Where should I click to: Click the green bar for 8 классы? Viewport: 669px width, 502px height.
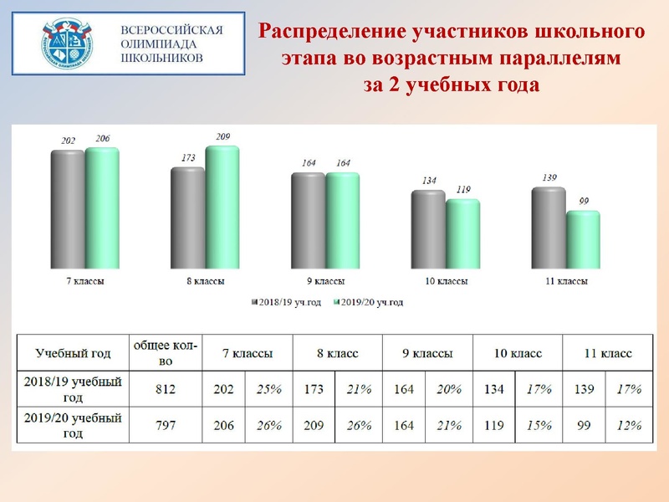[x=222, y=207]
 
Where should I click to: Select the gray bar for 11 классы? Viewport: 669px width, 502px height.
[x=549, y=228]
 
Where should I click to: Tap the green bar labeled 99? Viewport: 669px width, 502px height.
[x=583, y=239]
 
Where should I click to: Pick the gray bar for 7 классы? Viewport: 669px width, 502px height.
[x=68, y=209]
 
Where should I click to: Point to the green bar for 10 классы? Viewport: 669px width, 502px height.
[x=463, y=234]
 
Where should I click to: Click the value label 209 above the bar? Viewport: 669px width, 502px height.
[x=222, y=136]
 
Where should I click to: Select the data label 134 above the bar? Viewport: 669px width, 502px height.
[x=429, y=181]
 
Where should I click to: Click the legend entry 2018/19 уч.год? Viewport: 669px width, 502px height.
[x=286, y=302]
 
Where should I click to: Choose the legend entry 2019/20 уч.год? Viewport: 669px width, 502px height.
[x=368, y=302]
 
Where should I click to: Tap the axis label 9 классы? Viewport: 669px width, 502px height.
[x=325, y=281]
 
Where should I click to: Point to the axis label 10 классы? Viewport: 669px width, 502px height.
[x=447, y=281]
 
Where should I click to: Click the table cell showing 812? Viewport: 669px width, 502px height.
[x=166, y=389]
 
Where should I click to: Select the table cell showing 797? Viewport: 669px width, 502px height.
[x=166, y=425]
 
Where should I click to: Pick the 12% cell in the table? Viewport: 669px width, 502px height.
[x=629, y=425]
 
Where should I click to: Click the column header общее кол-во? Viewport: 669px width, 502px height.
[x=166, y=353]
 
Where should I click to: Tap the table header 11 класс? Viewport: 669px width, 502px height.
[x=608, y=353]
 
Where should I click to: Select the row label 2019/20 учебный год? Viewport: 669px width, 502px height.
[x=73, y=425]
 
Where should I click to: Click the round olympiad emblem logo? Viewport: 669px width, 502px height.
[x=67, y=44]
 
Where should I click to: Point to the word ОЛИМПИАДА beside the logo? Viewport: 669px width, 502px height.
[x=159, y=44]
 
